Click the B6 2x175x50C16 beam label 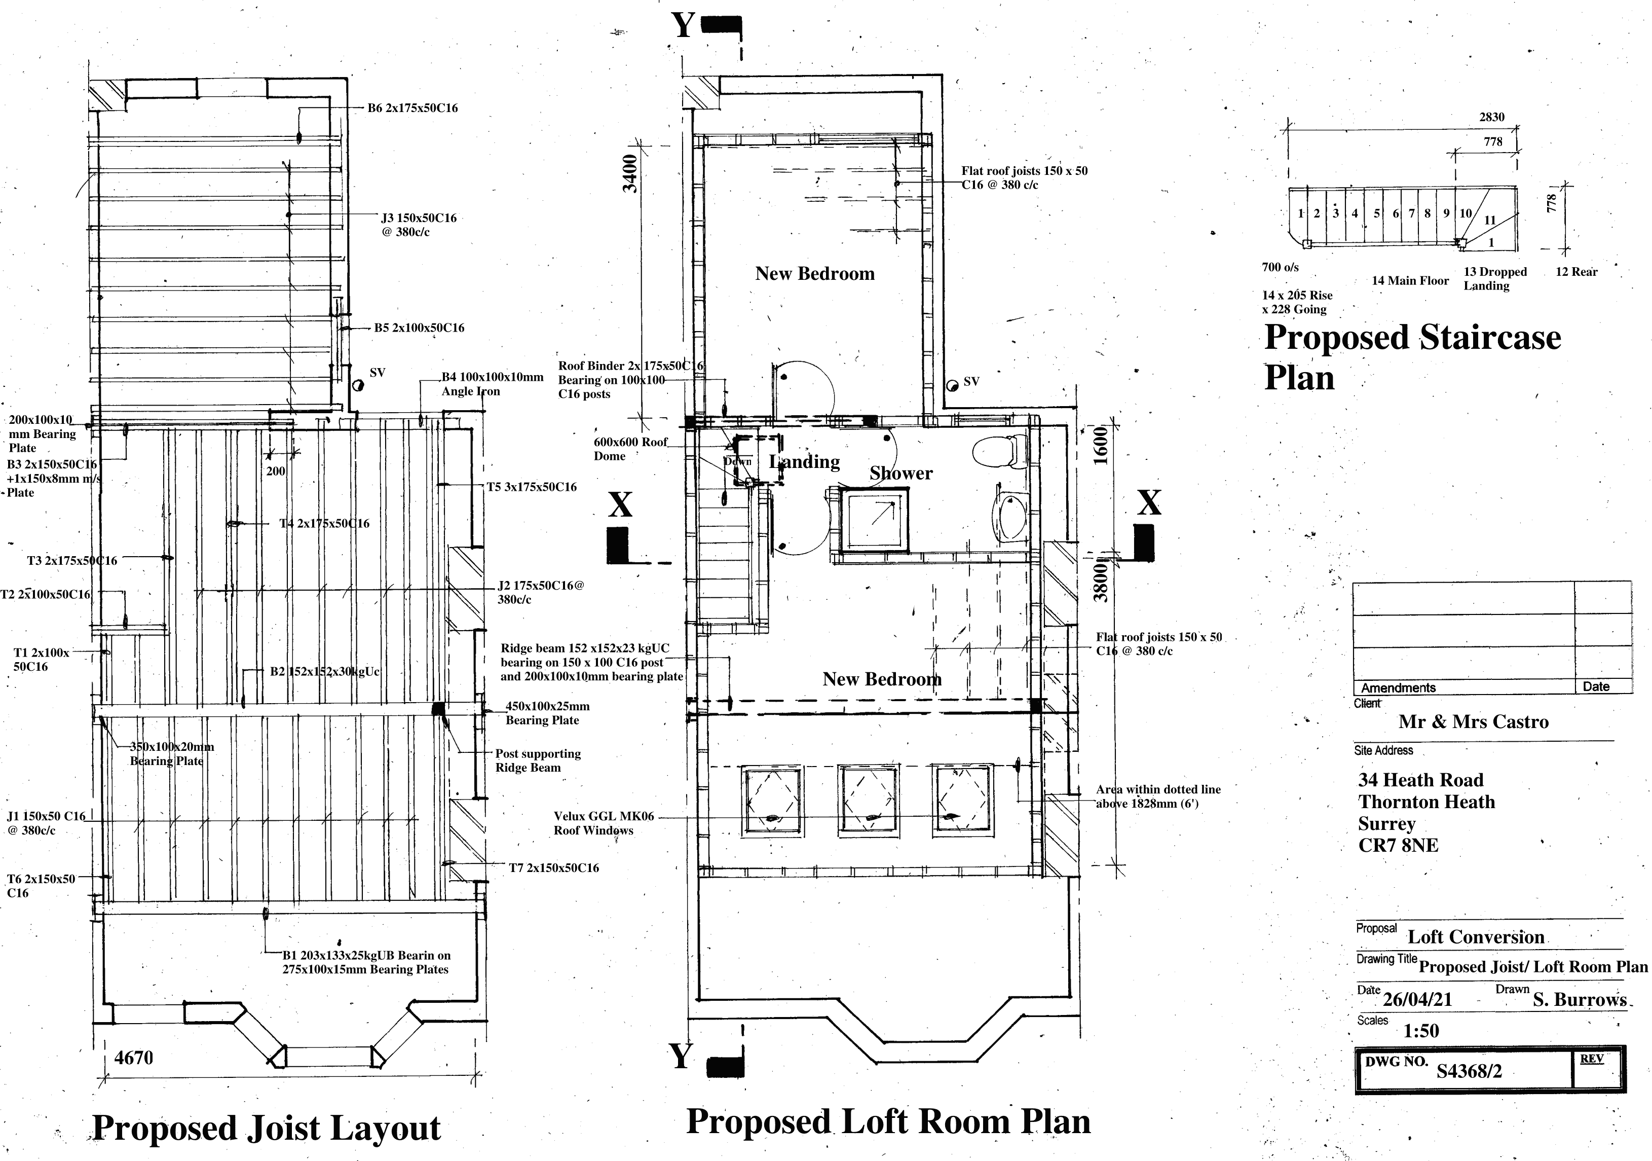[x=412, y=108]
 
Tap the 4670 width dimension [x=134, y=1058]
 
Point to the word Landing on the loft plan [x=804, y=462]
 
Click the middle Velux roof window [x=867, y=801]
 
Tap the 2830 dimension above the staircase [x=1491, y=117]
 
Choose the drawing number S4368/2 [x=1469, y=1071]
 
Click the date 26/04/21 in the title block [x=1417, y=1000]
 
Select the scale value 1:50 [x=1421, y=1031]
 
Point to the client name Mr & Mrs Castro [x=1473, y=722]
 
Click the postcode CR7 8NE [x=1398, y=845]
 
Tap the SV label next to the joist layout [x=377, y=373]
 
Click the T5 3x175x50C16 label [x=531, y=487]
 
